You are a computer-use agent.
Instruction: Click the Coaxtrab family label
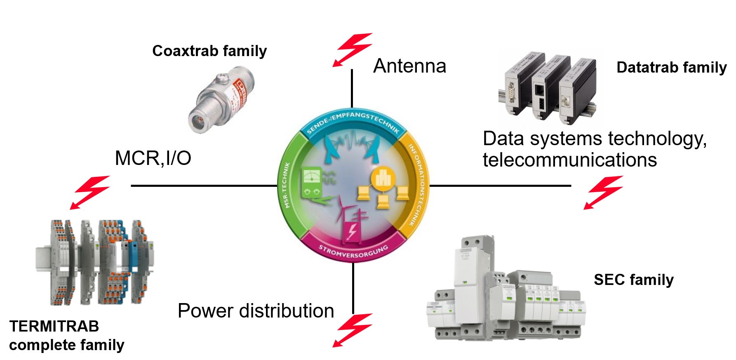(x=209, y=51)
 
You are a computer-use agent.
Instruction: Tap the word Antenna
(x=409, y=66)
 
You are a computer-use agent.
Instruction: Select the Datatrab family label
(x=671, y=67)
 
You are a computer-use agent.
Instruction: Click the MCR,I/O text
(x=153, y=158)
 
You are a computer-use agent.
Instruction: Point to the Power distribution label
(x=256, y=311)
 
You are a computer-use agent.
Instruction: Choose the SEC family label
(x=633, y=280)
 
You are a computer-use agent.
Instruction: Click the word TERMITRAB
(x=54, y=326)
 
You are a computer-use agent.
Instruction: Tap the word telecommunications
(x=569, y=160)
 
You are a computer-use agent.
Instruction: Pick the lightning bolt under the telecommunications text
(x=603, y=192)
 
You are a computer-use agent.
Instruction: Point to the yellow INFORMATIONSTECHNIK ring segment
(x=418, y=186)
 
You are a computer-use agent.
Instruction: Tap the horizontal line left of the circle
(x=204, y=186)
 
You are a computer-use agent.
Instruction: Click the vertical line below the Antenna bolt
(x=352, y=88)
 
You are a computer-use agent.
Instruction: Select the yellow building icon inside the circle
(x=383, y=178)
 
